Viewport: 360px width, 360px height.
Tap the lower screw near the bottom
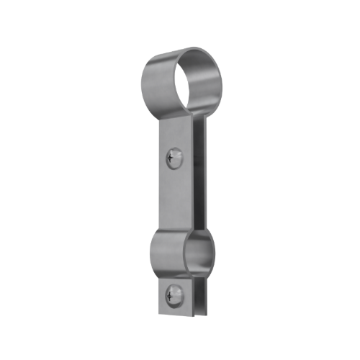point(172,294)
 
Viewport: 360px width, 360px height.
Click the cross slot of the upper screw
point(173,156)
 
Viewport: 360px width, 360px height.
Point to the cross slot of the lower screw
point(172,293)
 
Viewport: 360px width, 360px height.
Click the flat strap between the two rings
point(173,194)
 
